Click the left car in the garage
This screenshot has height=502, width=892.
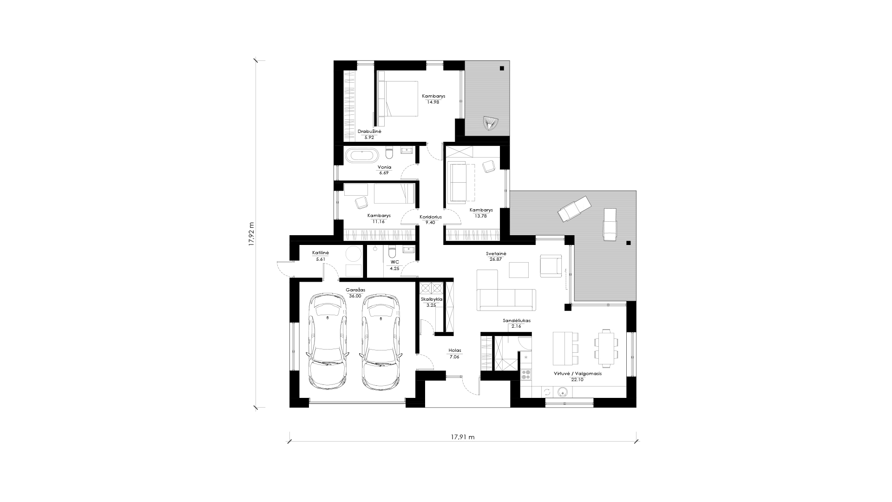[x=328, y=342]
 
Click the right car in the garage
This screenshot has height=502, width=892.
[x=380, y=342]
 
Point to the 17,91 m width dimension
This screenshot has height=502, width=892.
[x=463, y=437]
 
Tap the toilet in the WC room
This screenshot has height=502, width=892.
[x=392, y=252]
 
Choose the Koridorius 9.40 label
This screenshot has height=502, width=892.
[x=431, y=219]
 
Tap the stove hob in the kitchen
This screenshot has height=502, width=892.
[x=526, y=374]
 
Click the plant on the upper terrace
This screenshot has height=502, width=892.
[x=489, y=123]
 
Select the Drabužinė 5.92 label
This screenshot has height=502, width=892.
[x=369, y=135]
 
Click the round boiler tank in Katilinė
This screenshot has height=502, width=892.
[x=354, y=254]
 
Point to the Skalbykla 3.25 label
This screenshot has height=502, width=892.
[x=432, y=302]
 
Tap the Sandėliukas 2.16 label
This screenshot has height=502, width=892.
[x=517, y=324]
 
